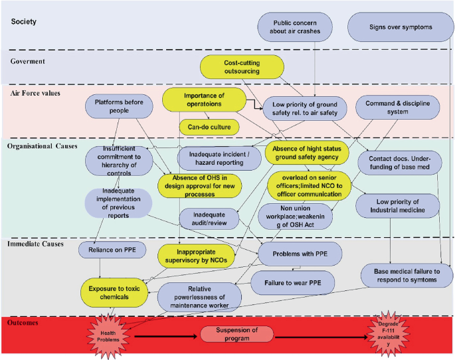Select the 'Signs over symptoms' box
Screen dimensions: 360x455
pyautogui.click(x=400, y=27)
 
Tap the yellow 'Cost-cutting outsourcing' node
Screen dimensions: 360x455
pyautogui.click(x=242, y=66)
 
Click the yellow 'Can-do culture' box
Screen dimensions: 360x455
pyautogui.click(x=209, y=125)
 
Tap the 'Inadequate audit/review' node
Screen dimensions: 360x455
pyautogui.click(x=210, y=219)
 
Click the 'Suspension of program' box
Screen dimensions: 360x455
pyautogui.click(x=238, y=334)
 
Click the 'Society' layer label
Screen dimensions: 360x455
pyautogui.click(x=24, y=22)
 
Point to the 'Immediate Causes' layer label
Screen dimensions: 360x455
pyautogui.click(x=36, y=245)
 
